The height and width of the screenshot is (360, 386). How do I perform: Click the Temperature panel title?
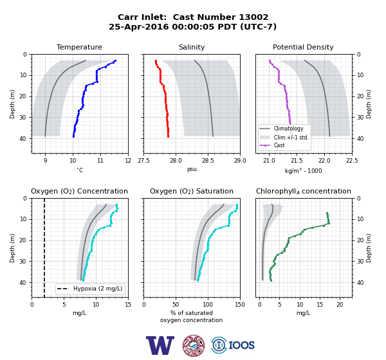point(79,47)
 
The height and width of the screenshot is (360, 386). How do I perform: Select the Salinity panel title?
point(192,47)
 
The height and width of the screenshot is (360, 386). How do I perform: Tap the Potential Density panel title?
point(303,47)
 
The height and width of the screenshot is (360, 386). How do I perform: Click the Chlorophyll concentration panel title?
point(304,191)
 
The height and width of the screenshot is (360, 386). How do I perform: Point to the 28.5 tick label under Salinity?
point(208,161)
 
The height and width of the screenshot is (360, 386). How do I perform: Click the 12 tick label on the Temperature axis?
point(128,161)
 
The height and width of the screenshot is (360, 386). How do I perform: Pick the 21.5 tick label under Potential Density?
point(297,161)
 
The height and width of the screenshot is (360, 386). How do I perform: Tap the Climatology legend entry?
point(288,129)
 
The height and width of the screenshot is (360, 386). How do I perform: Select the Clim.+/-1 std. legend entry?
point(291,138)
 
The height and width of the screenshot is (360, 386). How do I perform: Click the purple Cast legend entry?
point(279,145)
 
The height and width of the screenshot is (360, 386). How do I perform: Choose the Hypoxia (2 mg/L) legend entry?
point(98,289)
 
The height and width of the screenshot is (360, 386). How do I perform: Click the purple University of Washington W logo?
point(160,345)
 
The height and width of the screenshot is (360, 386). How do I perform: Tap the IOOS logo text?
point(241,345)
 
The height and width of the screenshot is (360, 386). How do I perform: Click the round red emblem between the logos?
point(194,345)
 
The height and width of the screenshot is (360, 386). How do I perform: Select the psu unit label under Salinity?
point(192,169)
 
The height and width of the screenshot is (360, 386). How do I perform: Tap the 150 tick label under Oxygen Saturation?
point(240,305)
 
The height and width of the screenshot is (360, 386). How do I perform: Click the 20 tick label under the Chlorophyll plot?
point(340,305)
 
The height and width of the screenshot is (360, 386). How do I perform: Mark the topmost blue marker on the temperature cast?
point(115,61)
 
